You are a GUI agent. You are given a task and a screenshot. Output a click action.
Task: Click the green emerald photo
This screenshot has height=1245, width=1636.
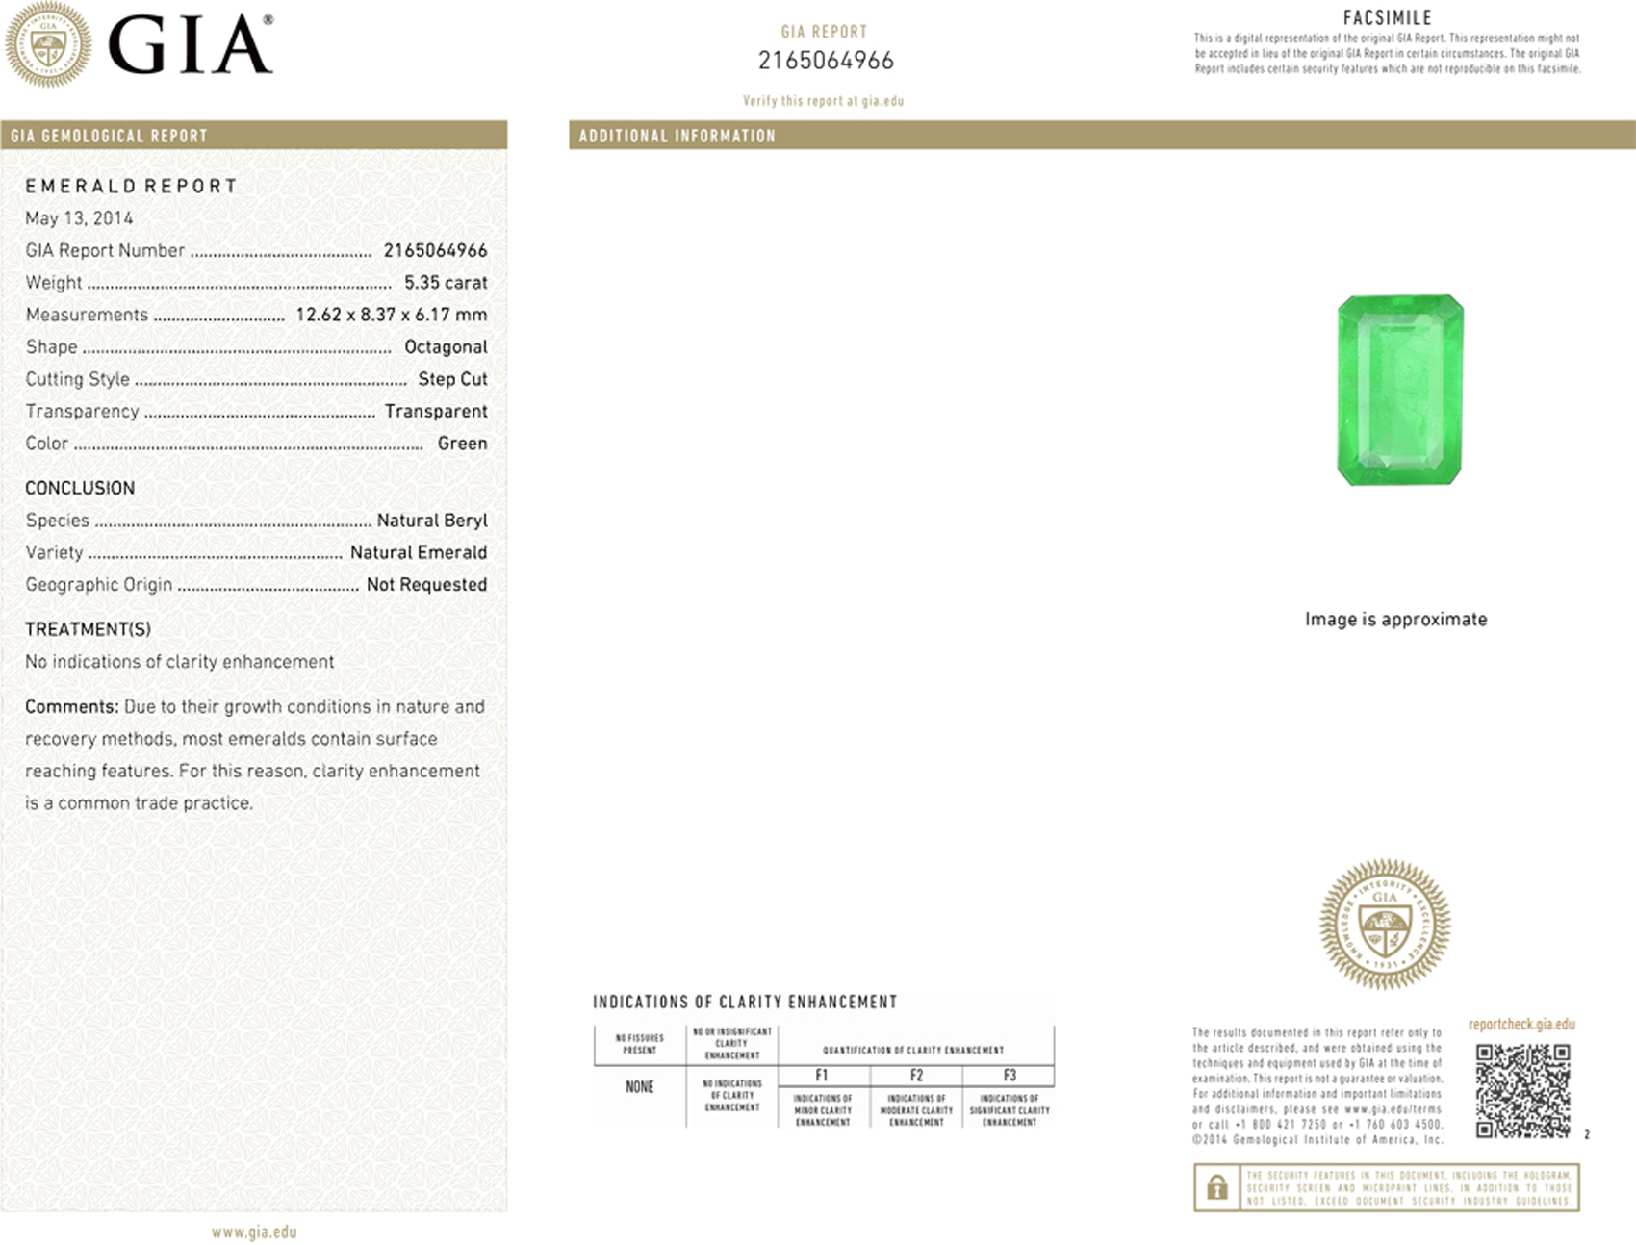tap(1400, 390)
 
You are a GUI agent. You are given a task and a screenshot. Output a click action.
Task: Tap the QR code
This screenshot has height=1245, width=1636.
tap(1522, 1091)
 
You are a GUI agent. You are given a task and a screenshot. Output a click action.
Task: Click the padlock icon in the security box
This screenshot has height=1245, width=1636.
tap(1217, 1187)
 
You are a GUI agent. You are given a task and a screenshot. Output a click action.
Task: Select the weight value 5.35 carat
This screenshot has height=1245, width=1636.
tap(446, 283)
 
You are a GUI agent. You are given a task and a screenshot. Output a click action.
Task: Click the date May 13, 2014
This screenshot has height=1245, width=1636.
tap(79, 218)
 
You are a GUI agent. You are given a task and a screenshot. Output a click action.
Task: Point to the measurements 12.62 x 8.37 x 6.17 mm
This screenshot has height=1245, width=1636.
tap(391, 315)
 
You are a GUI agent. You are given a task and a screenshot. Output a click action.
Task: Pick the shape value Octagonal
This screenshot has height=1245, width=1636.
tap(446, 347)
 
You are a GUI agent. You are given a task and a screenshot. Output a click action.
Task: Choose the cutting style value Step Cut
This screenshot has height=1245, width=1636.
tap(452, 379)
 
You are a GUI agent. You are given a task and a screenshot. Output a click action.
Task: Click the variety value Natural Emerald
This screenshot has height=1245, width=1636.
tap(419, 552)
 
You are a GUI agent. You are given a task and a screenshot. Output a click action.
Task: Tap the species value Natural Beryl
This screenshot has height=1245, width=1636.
tap(432, 521)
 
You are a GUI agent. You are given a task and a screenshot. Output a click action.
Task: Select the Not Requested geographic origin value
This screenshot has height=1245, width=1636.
tap(426, 585)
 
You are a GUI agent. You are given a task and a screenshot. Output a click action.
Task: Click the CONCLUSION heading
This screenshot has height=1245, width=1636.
tap(80, 488)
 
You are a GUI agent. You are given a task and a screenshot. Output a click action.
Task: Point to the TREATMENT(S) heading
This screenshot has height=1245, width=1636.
tap(88, 629)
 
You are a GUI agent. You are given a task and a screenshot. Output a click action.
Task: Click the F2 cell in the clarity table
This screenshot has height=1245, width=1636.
tap(916, 1076)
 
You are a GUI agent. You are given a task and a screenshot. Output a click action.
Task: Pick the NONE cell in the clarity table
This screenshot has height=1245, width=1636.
tap(640, 1087)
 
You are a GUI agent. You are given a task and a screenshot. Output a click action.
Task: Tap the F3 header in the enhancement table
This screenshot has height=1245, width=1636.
tap(1010, 1076)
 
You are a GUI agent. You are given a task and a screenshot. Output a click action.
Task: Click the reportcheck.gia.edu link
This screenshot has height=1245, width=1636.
tap(1521, 1025)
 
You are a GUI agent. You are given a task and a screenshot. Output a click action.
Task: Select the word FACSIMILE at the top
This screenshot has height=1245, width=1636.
tap(1387, 17)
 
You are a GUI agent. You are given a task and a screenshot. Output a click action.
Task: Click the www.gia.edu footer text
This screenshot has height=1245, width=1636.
tap(254, 1232)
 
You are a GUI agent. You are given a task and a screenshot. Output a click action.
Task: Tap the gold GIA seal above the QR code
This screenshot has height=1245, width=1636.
tap(1385, 925)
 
